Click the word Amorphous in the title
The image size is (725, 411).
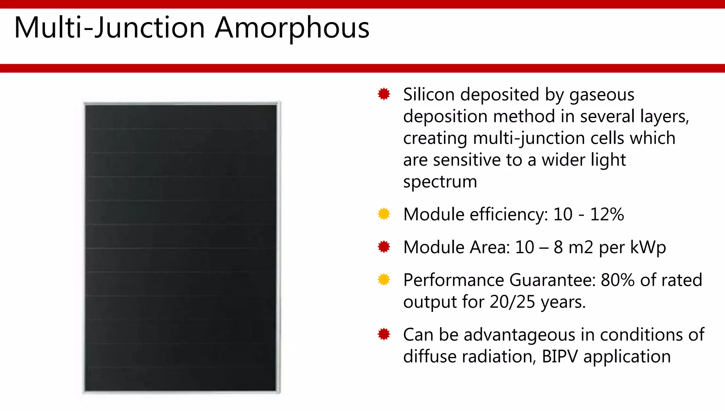click(x=292, y=28)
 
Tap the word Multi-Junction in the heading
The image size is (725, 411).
click(x=109, y=28)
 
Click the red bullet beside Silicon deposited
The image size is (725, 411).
click(x=384, y=94)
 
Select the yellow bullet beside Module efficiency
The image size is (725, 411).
click(x=384, y=214)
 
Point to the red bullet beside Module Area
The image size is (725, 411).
click(x=384, y=247)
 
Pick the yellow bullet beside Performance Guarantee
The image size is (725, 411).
click(x=384, y=280)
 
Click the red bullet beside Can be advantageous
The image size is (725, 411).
click(x=384, y=334)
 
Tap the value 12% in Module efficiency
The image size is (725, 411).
click(x=607, y=215)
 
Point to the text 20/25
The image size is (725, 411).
click(x=512, y=302)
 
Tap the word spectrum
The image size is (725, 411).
click(x=440, y=182)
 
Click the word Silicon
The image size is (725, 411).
click(x=429, y=95)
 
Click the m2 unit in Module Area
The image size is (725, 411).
click(x=581, y=247)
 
